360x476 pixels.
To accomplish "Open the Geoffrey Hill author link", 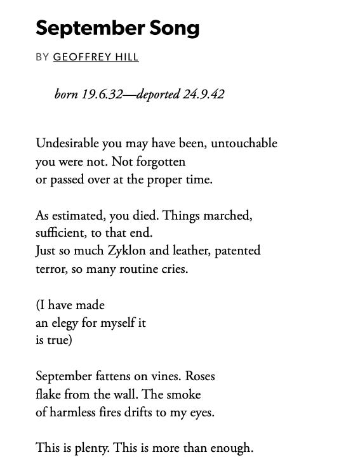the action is (96, 57).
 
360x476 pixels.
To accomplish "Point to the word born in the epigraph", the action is (67, 95).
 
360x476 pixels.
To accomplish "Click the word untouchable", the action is (244, 143).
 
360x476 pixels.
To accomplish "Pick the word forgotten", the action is (160, 162).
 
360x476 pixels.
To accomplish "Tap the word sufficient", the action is (62, 233).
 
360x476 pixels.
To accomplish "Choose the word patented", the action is (237, 251).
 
